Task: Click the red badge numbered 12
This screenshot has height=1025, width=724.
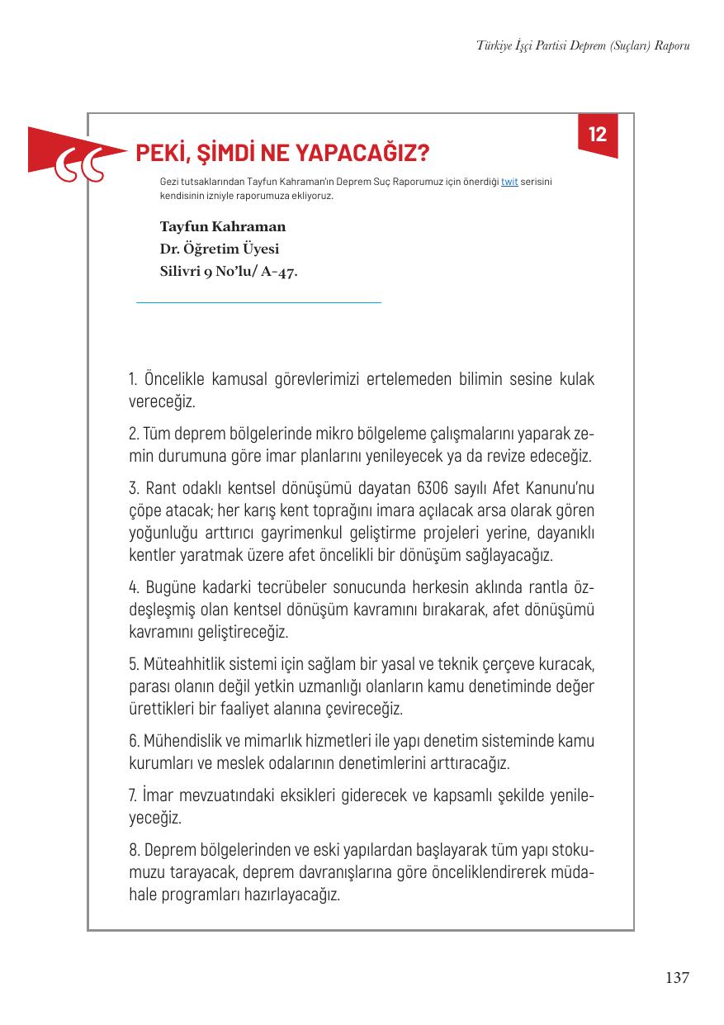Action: coord(598,135)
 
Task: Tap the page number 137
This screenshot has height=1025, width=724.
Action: coord(676,978)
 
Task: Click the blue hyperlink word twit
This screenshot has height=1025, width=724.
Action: coord(509,182)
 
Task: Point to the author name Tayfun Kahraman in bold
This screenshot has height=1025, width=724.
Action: coord(222,226)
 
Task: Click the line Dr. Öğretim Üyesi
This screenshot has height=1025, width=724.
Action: coord(219,249)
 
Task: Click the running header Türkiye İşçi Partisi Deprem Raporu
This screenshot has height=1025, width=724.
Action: coord(583,45)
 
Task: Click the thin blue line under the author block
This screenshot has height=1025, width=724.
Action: coord(258,303)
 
